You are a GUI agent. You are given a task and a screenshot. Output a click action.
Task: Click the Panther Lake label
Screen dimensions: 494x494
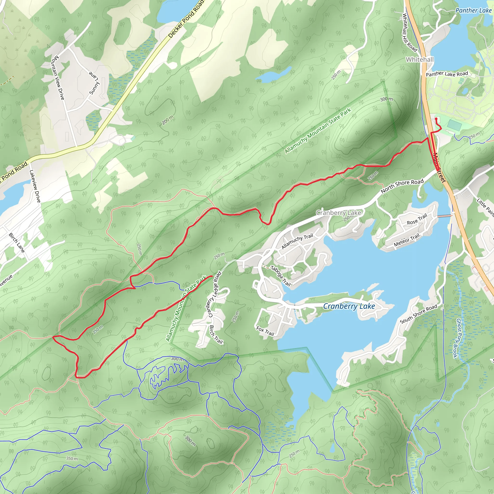click(x=473, y=10)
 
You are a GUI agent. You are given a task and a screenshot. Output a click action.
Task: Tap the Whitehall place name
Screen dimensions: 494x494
click(x=420, y=60)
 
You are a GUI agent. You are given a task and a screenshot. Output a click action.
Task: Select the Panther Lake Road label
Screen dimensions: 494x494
click(x=447, y=74)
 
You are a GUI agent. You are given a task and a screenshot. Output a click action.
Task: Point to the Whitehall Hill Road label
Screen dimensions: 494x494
click(x=409, y=32)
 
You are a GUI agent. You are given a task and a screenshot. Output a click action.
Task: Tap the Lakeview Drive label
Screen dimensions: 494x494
click(x=35, y=186)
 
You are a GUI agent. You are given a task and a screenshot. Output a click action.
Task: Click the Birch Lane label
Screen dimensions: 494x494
click(x=17, y=243)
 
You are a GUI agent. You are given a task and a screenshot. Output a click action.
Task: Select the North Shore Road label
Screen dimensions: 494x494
click(x=402, y=186)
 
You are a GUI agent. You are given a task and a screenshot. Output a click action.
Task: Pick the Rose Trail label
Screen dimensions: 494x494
click(x=417, y=220)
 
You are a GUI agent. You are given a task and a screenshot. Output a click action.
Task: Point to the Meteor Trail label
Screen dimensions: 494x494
click(x=406, y=240)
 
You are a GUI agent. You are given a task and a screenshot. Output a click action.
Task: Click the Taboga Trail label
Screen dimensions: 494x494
click(x=281, y=276)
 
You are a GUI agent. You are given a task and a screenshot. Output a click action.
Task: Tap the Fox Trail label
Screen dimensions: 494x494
click(x=265, y=331)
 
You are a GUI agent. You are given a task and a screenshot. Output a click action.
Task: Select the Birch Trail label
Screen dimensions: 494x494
click(x=216, y=335)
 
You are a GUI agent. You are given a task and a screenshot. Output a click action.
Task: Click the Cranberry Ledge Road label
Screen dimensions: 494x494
click(x=214, y=294)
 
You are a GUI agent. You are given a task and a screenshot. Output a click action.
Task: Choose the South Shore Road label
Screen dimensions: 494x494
click(x=419, y=314)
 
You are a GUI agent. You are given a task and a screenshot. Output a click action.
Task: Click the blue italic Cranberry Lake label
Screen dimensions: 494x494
click(x=349, y=306)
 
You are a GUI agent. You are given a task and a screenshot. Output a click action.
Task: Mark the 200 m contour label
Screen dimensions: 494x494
click(x=168, y=120)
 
